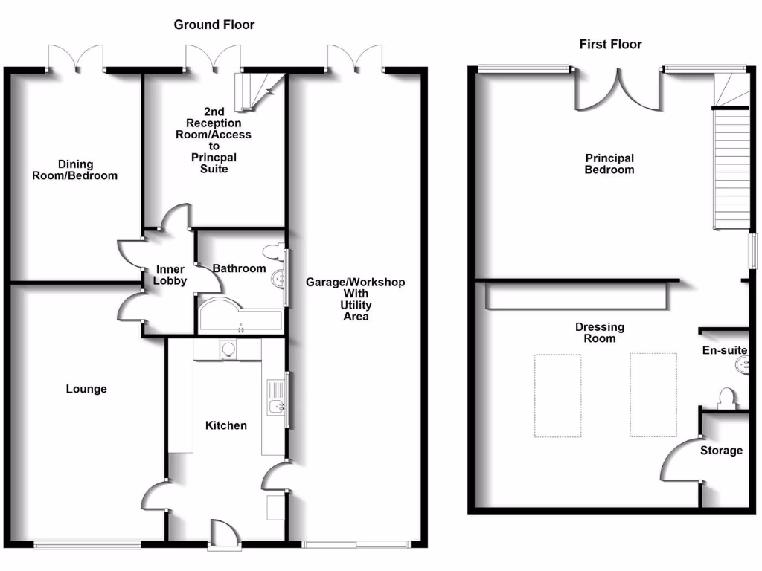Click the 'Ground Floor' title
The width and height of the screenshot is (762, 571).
(x=214, y=25)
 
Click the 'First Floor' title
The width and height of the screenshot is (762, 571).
(x=610, y=45)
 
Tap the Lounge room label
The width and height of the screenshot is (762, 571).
(x=86, y=389)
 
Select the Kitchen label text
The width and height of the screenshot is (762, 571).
(x=226, y=425)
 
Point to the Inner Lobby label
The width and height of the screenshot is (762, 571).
(x=170, y=275)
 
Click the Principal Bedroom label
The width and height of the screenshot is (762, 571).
(x=609, y=164)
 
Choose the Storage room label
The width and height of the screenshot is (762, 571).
(x=721, y=451)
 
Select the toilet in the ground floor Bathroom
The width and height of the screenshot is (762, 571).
(x=275, y=252)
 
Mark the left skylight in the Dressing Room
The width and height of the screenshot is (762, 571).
(x=557, y=396)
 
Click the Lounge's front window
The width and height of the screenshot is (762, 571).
(x=87, y=545)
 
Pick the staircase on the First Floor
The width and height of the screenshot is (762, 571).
(x=731, y=167)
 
